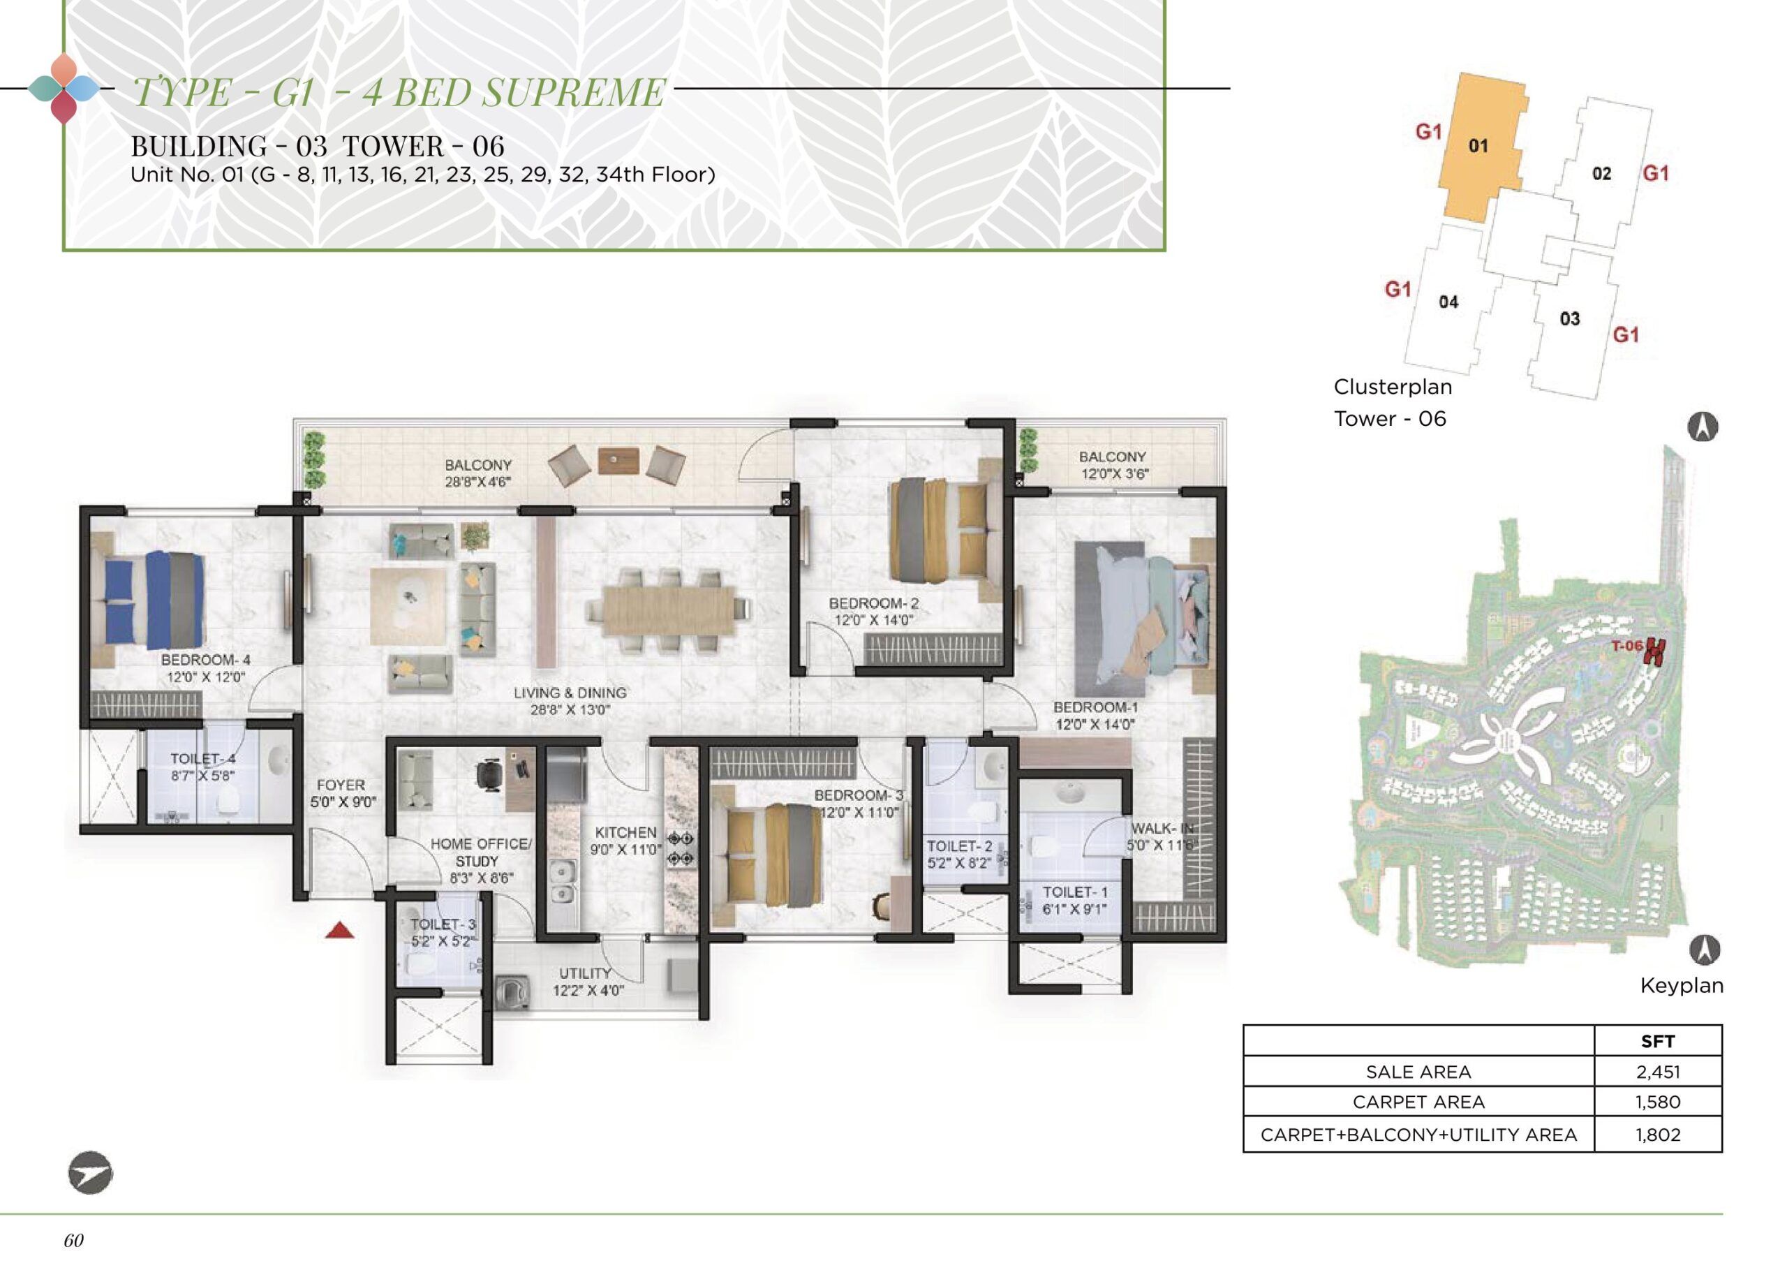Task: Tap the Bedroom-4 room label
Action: (206, 667)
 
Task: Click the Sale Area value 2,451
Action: (1657, 1071)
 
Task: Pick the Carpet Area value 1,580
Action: (1657, 1102)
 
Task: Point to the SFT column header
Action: (1657, 1041)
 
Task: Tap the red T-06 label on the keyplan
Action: (1626, 647)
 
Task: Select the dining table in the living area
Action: (667, 610)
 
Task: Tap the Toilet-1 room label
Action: (1074, 901)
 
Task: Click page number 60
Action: (74, 1240)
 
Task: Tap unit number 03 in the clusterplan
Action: (1569, 318)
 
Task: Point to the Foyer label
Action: (341, 793)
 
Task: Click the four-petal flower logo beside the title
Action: (64, 89)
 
